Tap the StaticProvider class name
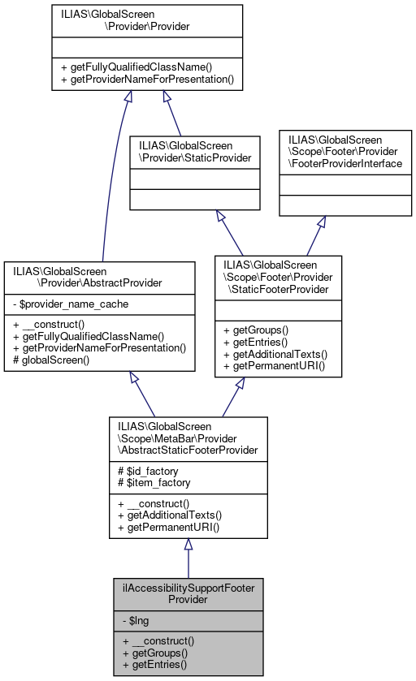(195, 150)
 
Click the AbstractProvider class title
(99, 276)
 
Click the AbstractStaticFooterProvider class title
(188, 438)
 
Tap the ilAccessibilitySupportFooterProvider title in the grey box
(188, 594)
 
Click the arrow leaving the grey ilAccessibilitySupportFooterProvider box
(188, 560)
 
